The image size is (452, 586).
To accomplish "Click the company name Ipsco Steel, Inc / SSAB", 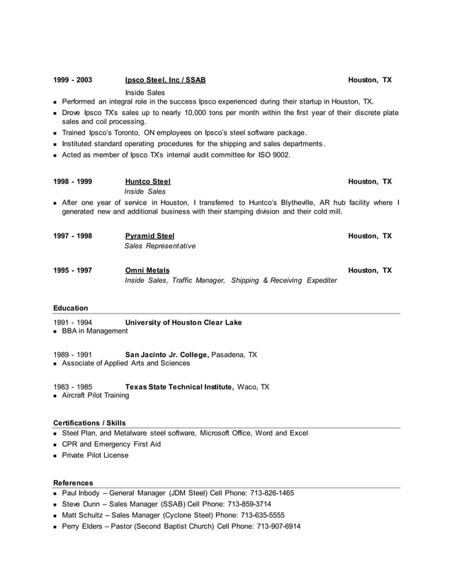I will [165, 80].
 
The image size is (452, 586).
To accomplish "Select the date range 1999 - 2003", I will [72, 80].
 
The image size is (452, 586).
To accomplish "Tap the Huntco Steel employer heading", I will [147, 182].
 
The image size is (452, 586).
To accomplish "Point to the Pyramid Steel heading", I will [149, 236].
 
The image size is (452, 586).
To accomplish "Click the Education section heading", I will [71, 308].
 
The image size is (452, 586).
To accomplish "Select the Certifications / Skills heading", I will [89, 423].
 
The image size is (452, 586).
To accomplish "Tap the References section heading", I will [73, 482].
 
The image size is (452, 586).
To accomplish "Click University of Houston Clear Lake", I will [183, 322].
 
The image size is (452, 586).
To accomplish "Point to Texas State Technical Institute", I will [179, 387].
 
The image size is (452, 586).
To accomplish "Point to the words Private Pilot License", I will [96, 455].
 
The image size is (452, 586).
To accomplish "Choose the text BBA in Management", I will [95, 331].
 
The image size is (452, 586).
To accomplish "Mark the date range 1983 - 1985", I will [72, 387].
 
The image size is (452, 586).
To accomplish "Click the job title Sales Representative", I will [160, 246].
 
